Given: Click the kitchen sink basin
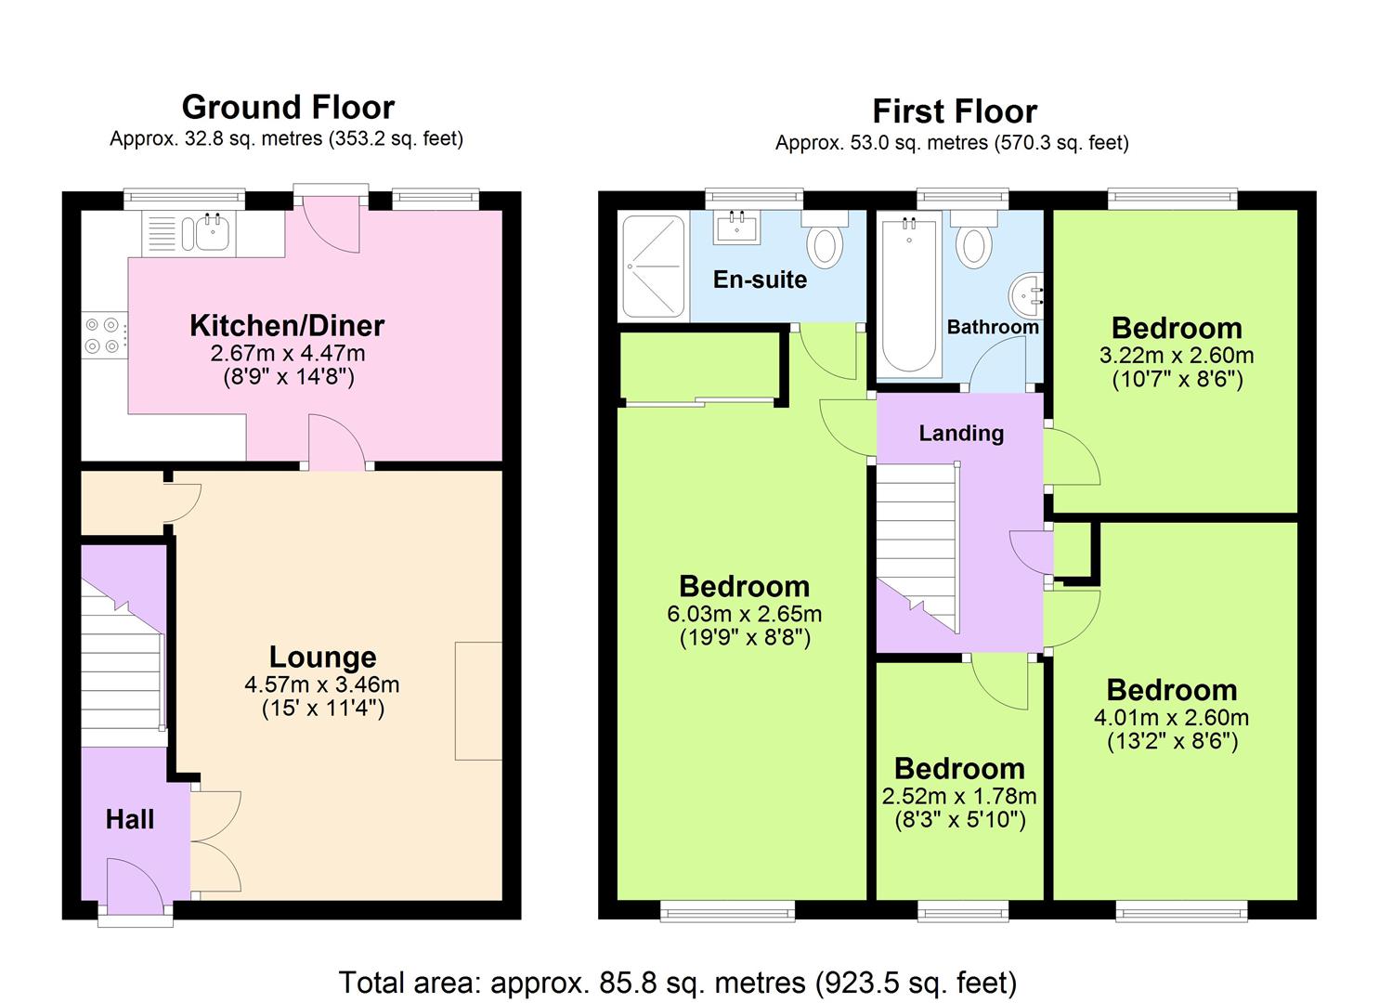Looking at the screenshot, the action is point(213,233).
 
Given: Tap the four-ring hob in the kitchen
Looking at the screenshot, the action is point(103,335).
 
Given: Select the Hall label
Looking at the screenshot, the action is point(130,819).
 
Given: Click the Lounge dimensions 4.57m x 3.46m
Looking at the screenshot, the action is point(322,684).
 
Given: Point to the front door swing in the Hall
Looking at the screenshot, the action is point(136,886).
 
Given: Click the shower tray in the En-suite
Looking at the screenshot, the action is point(653,266).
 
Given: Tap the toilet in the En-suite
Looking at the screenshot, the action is point(825,240).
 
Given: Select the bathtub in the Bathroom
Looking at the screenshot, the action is point(909,294).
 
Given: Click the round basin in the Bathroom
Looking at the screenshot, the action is point(1026,297).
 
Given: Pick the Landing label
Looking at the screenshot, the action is point(961,433).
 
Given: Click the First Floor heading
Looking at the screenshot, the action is point(955,111).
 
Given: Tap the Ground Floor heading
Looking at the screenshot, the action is point(288,107).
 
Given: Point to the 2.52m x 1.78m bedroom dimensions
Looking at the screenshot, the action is point(959,796).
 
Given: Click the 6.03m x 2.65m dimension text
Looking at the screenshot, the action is point(745,613).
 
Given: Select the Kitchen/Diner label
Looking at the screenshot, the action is point(287,325).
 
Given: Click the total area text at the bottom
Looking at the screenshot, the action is point(678,982).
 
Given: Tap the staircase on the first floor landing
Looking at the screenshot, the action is point(917,547).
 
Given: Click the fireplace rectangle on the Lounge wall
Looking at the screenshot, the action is point(478,700).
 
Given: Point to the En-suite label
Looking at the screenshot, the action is point(760,280).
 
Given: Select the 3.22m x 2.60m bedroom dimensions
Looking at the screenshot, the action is point(1177,355).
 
